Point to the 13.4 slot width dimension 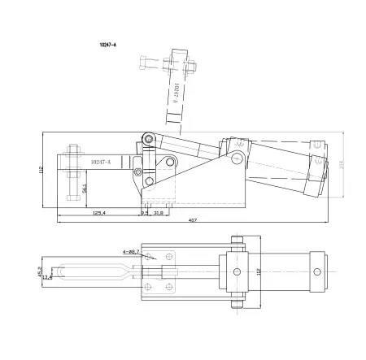coord(47,276)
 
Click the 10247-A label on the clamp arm coord(101,162)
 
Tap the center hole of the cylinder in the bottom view coord(237,271)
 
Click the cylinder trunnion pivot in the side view coord(236,155)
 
